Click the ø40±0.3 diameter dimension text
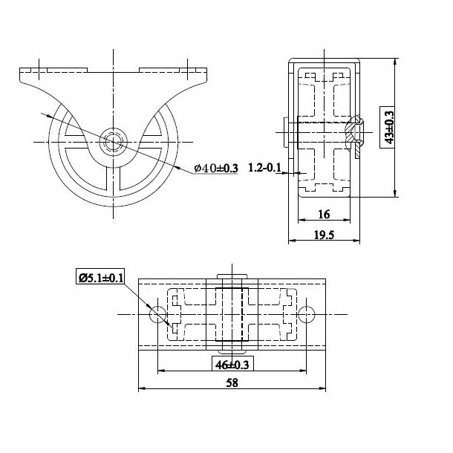(x=215, y=169)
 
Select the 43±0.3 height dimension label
(x=387, y=128)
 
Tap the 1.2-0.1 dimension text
(x=265, y=167)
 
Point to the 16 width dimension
(x=324, y=214)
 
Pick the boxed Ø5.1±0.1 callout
(x=101, y=278)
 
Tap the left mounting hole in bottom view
(x=157, y=316)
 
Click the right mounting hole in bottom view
(x=306, y=316)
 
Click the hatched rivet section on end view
(x=357, y=134)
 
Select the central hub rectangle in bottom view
(x=232, y=316)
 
